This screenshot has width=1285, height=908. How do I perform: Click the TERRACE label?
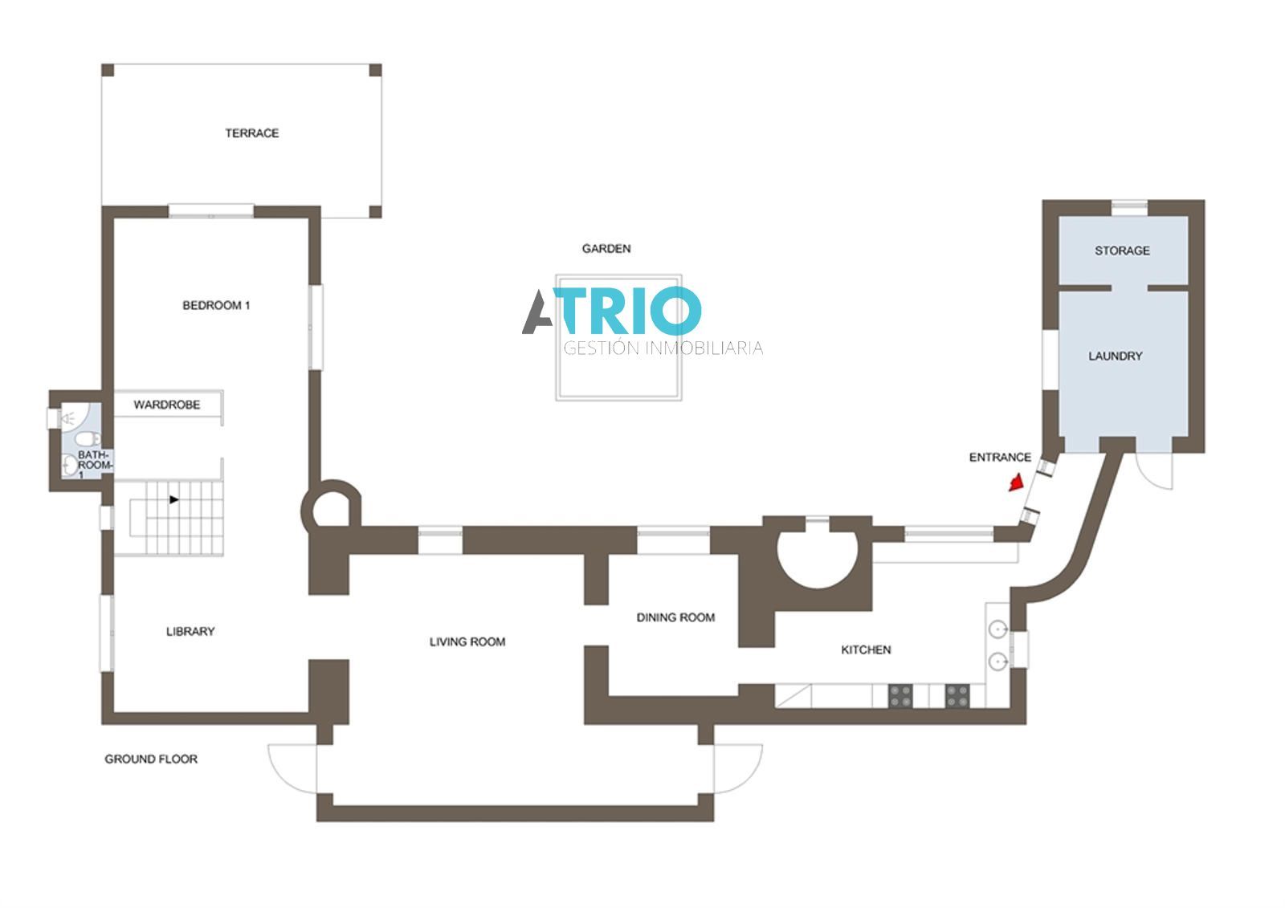[x=252, y=133]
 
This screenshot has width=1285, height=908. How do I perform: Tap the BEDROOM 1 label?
[x=216, y=305]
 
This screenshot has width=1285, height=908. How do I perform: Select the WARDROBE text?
[x=167, y=405]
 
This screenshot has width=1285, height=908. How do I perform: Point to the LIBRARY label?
[x=190, y=631]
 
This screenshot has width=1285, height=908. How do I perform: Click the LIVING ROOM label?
[x=467, y=641]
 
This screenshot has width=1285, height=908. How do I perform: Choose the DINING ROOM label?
[x=675, y=617]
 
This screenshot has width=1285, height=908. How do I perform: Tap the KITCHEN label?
[x=867, y=649]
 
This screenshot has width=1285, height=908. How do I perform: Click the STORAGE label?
[x=1122, y=250]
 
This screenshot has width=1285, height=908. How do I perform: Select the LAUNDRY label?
[x=1116, y=356]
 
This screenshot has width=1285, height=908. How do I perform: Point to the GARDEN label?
[x=606, y=248]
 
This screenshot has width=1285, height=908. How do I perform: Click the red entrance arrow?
[x=1016, y=483]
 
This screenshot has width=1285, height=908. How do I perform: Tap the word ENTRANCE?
[x=1000, y=457]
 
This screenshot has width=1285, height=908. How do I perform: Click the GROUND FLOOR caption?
[x=151, y=759]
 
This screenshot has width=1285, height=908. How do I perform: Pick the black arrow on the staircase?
[x=173, y=499]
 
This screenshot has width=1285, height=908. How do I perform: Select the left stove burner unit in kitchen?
[x=900, y=696]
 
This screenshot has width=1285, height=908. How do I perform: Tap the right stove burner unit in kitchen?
[x=957, y=696]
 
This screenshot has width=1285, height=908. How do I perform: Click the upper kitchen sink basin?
[x=998, y=629]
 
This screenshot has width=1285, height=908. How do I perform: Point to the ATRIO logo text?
[x=612, y=311]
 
